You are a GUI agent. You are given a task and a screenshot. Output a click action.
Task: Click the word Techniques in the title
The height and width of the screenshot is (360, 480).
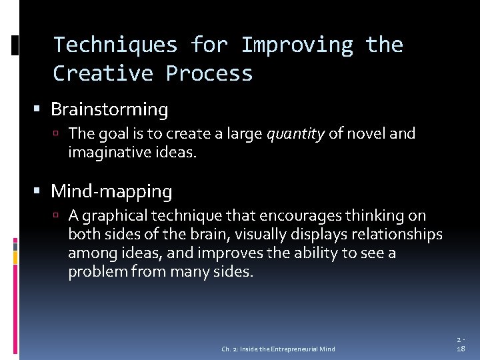coord(115,45)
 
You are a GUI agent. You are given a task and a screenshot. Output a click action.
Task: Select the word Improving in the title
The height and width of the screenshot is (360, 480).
coord(297,45)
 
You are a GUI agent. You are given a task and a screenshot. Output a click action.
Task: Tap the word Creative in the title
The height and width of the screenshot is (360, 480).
coord(103,73)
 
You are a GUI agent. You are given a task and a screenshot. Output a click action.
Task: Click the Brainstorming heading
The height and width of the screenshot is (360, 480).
coord(109,109)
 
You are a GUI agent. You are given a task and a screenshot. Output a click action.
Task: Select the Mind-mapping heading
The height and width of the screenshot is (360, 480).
coord(111,192)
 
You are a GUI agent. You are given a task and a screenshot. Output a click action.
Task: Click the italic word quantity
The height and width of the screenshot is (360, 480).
coord(295,134)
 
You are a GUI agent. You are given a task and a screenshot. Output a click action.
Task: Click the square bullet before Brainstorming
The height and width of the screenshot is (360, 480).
coord(42,109)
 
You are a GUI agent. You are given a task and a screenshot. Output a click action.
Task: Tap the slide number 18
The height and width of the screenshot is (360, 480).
coord(461,349)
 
